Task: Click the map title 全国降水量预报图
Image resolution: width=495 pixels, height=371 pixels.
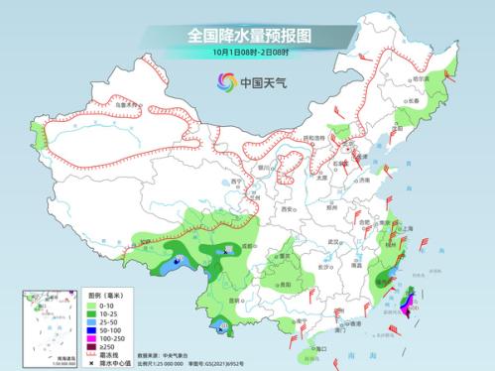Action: click(247, 35)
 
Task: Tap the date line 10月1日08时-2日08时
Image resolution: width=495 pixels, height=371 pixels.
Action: click(247, 52)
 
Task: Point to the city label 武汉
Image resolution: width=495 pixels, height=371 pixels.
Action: click(334, 241)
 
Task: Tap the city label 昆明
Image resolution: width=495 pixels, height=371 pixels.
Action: click(234, 299)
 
